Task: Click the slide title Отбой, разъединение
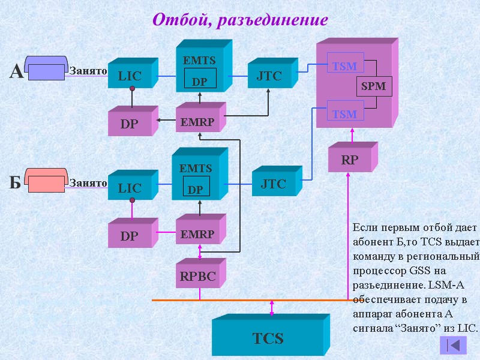coord(240,20)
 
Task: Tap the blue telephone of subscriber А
coord(46,68)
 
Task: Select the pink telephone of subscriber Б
coord(46,181)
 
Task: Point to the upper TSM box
coord(344,66)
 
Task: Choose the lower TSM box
coord(344,114)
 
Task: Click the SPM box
coord(373,87)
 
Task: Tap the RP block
coord(349,161)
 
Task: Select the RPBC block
coord(197,277)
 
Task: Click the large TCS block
coord(268,338)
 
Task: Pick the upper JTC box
coord(269,76)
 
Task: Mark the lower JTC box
coord(273,184)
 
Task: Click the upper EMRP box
coord(197,122)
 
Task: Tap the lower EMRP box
coord(197,234)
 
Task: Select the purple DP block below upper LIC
coord(129,124)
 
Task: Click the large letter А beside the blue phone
coord(16,73)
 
